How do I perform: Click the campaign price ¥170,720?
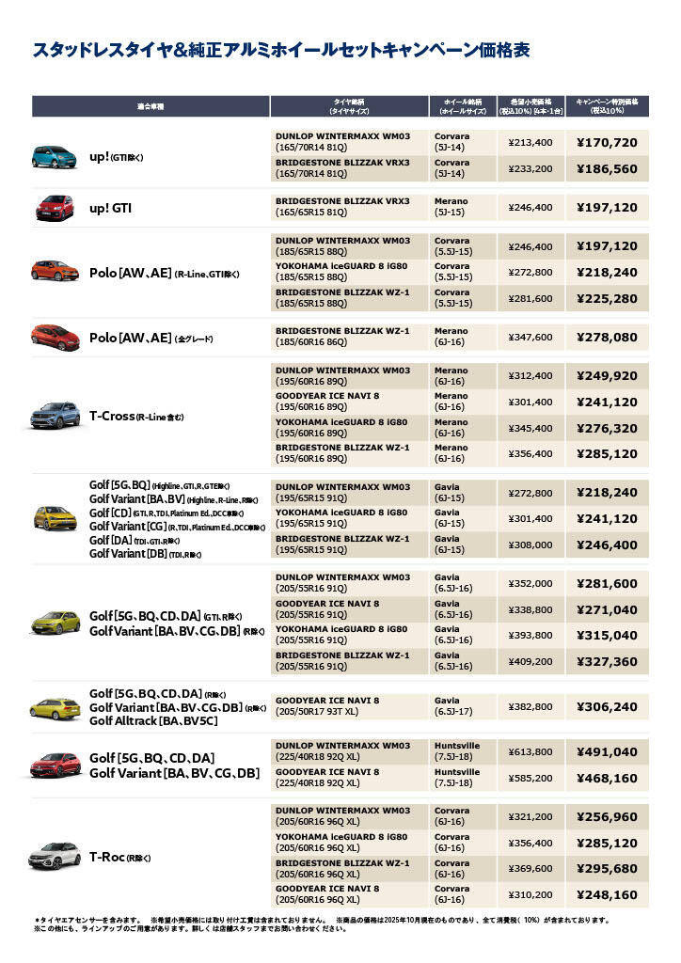pyautogui.click(x=607, y=143)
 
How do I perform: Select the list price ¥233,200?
pyautogui.click(x=530, y=169)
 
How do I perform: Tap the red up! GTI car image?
pyautogui.click(x=55, y=207)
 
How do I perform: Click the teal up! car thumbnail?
pyautogui.click(x=55, y=156)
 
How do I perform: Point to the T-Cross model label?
pyautogui.click(x=136, y=416)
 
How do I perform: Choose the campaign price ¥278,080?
pyautogui.click(x=607, y=337)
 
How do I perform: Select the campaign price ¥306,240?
pyautogui.click(x=607, y=706)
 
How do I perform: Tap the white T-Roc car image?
pyautogui.click(x=55, y=857)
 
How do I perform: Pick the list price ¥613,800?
pyautogui.click(x=530, y=751)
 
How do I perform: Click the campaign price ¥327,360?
pyautogui.click(x=607, y=661)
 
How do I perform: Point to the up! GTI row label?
pyautogui.click(x=110, y=208)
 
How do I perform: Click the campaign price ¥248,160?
pyautogui.click(x=607, y=894)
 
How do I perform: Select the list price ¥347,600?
pyautogui.click(x=530, y=337)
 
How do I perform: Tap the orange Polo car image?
pyautogui.click(x=55, y=272)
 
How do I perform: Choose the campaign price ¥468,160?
pyautogui.click(x=607, y=778)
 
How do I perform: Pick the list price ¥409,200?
pyautogui.click(x=530, y=661)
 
